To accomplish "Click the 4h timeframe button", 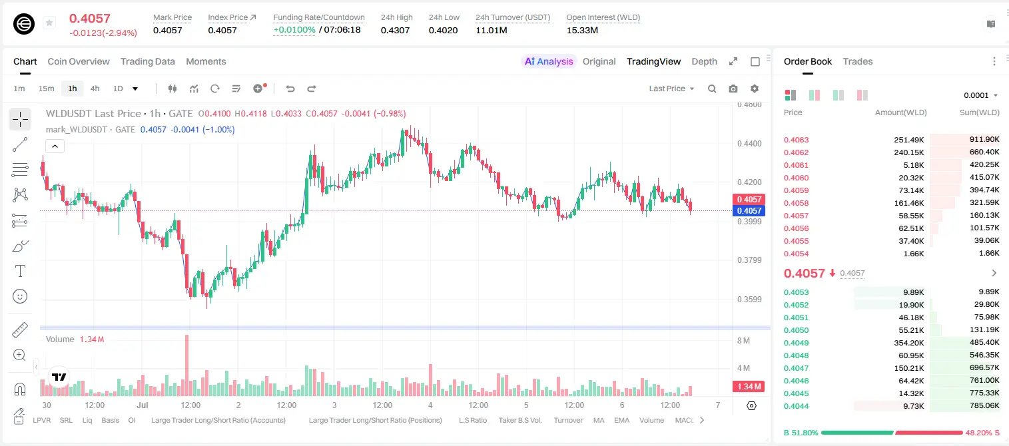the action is [95, 89].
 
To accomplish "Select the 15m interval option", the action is [47, 89].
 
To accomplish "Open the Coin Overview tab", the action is [79, 61].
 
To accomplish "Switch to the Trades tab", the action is [858, 61].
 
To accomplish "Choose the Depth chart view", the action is [704, 61].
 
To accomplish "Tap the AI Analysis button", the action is [549, 61].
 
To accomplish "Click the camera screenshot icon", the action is [733, 89].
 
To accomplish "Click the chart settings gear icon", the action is [755, 89].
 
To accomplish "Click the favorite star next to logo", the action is [49, 23].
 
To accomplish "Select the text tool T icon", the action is [20, 271].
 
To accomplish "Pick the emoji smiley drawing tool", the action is [20, 296].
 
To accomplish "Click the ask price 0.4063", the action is [796, 140].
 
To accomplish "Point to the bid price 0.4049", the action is [796, 343].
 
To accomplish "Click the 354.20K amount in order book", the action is [908, 343].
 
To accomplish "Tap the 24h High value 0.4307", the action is [395, 30].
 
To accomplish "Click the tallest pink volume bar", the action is [187, 365].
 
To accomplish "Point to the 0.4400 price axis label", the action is [749, 144].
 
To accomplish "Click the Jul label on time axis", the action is [143, 405].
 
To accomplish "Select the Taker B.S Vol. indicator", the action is [519, 420].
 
